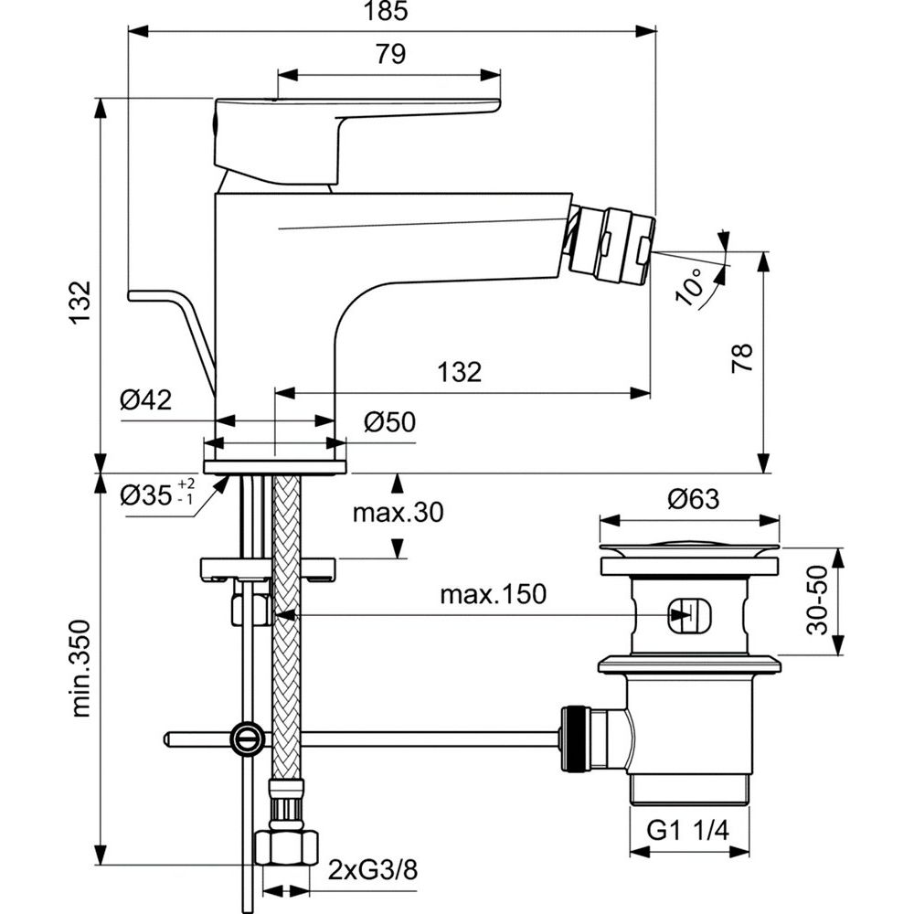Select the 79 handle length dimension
click(389, 55)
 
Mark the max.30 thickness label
click(398, 513)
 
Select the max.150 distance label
click(493, 595)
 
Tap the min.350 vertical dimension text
click(81, 668)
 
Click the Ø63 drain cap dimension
click(693, 499)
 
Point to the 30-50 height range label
click(819, 600)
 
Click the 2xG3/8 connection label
click(372, 866)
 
